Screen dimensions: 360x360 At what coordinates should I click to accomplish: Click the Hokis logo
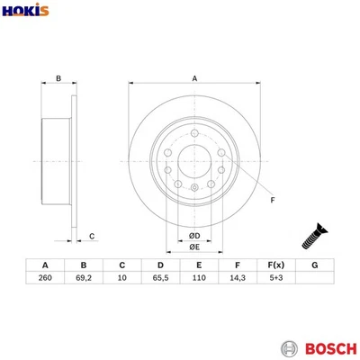[x=27, y=12]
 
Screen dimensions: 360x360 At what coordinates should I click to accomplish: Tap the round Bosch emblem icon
[x=288, y=347]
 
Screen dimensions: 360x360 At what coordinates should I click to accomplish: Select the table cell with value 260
[x=44, y=280]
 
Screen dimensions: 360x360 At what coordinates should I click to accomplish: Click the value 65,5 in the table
[x=159, y=280]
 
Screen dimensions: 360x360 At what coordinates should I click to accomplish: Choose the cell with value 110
[x=198, y=280]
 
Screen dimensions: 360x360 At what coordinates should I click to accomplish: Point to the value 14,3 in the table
[x=237, y=280]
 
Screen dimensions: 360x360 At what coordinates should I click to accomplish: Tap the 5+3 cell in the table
[x=275, y=280]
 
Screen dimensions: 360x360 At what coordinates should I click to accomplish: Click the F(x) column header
[x=275, y=265]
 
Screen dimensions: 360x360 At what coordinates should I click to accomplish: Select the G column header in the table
[x=314, y=265]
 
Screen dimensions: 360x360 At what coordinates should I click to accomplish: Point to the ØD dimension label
[x=194, y=236]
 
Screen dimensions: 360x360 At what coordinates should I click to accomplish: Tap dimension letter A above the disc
[x=194, y=79]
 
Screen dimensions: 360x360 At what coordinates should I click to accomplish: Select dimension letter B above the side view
[x=58, y=79]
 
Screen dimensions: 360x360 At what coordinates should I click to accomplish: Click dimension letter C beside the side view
[x=92, y=237]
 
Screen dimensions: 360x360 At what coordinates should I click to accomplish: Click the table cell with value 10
[x=121, y=280]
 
